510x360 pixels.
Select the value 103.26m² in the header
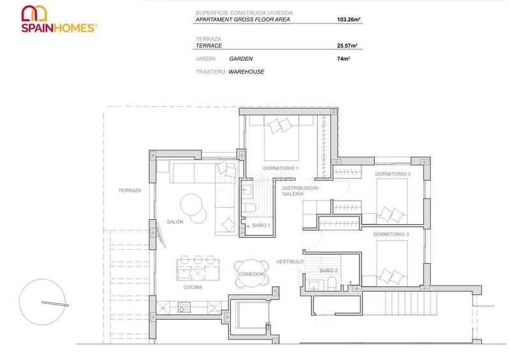[349, 20]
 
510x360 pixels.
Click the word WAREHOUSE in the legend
[246, 72]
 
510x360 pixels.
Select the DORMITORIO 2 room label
[393, 174]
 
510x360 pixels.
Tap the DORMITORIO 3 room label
[391, 234]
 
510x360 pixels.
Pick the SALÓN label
[175, 221]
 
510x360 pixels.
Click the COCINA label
[193, 287]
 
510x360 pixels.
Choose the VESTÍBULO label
[289, 261]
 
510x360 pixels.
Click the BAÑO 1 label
[261, 226]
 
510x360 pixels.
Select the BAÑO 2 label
[328, 271]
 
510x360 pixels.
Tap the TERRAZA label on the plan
[129, 191]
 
